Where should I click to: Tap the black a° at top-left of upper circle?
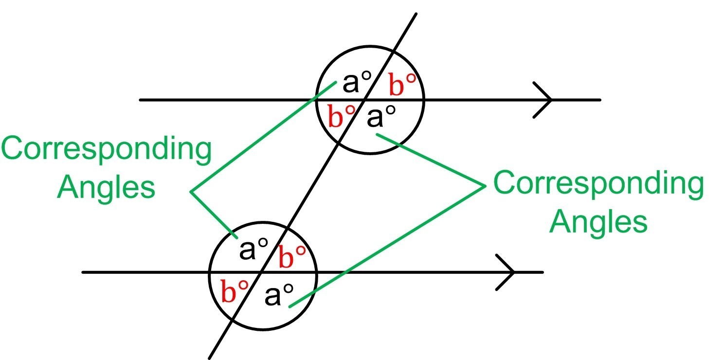[357, 83]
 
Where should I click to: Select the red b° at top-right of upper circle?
[403, 86]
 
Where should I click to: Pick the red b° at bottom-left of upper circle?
[341, 117]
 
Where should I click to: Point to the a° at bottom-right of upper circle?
[380, 117]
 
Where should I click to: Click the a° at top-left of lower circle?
[253, 249]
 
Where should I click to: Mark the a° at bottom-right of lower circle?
[279, 295]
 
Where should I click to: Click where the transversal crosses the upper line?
[365, 100]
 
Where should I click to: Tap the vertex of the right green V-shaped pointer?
[485, 185]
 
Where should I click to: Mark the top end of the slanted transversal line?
[416, 14]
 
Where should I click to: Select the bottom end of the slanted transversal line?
[210, 358]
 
